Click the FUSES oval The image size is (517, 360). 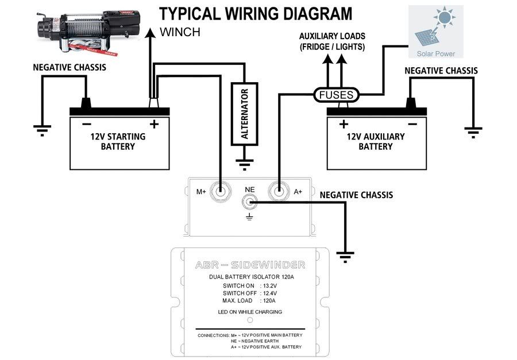[336, 95]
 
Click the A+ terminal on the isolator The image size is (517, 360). [279, 191]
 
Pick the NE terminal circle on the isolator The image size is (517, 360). [250, 202]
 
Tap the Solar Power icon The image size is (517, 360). [435, 32]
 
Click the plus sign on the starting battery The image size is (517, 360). [154, 124]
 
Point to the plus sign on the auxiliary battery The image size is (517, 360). [344, 124]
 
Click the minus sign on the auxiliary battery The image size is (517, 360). [411, 124]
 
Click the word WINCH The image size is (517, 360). [180, 32]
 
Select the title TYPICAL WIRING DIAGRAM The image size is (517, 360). [256, 14]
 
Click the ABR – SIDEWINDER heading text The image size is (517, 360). [250, 265]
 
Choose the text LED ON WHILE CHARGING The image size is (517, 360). [250, 312]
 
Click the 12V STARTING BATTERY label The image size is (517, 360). [118, 141]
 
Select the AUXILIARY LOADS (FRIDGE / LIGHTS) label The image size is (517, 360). [332, 41]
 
